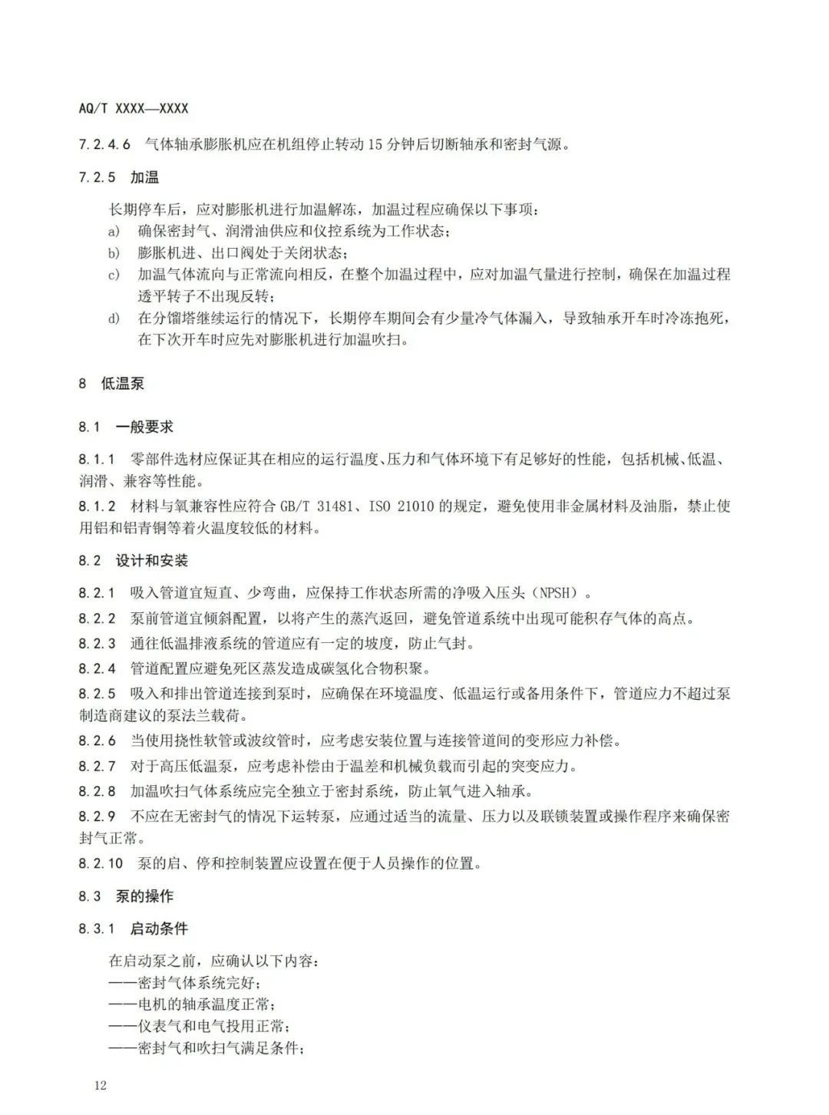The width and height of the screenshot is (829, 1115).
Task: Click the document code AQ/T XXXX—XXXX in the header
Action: click(134, 110)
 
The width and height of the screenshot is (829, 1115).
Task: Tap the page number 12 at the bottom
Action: click(100, 1085)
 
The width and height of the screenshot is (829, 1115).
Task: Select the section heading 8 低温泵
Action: click(111, 383)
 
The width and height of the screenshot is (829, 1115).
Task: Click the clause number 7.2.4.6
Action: click(104, 144)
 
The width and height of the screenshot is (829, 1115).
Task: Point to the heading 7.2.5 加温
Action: click(119, 177)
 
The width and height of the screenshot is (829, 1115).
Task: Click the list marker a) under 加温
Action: click(114, 231)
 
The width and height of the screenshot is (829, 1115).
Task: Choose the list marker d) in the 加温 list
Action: click(114, 318)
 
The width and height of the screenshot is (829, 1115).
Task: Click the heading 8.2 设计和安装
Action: click(133, 560)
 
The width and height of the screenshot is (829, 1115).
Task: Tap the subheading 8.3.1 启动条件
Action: click(133, 929)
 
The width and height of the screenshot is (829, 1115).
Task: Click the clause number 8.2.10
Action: click(101, 863)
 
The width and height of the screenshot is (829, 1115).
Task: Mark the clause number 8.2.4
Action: click(97, 668)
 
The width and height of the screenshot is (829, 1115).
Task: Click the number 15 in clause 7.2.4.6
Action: click(375, 144)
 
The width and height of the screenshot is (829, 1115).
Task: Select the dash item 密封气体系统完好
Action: click(188, 983)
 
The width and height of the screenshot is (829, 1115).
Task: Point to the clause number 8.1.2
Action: click(97, 506)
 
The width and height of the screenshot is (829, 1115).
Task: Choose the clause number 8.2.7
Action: click(97, 766)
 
